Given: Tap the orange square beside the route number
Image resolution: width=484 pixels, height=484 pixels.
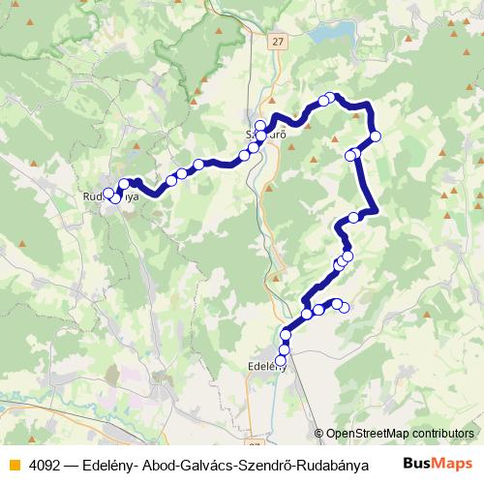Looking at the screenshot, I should (x=13, y=464).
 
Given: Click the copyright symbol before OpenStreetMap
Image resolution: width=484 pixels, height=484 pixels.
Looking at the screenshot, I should (x=318, y=435).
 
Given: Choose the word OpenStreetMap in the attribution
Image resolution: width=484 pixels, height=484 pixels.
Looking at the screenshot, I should (x=369, y=435).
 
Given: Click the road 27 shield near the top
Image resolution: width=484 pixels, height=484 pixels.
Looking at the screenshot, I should (x=279, y=42).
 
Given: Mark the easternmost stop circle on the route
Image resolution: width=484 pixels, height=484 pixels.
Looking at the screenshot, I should (x=376, y=136).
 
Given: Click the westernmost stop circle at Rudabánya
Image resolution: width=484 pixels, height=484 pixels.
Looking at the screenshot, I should (x=107, y=193).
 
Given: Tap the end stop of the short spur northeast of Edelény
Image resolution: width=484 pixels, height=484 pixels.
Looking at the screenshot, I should (x=344, y=308).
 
